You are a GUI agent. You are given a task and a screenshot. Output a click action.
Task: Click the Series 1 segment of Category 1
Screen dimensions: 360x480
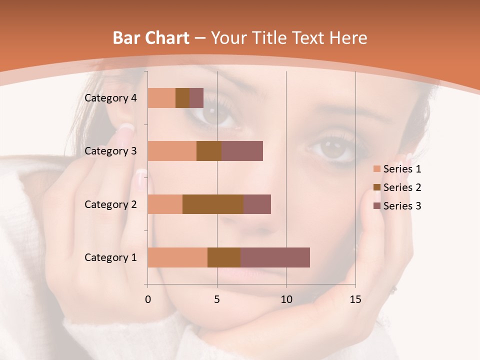pyautogui.click(x=177, y=257)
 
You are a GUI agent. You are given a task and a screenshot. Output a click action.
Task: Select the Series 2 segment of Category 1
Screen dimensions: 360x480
pyautogui.click(x=224, y=257)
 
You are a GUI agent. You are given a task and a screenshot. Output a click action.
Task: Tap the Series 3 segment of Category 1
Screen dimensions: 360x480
pyautogui.click(x=275, y=257)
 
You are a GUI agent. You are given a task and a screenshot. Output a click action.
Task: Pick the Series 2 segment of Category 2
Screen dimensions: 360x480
pyautogui.click(x=213, y=204)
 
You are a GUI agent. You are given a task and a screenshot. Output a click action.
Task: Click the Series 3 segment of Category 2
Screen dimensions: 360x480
pyautogui.click(x=257, y=204)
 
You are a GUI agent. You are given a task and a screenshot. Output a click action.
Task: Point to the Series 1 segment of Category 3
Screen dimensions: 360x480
pyautogui.click(x=172, y=151)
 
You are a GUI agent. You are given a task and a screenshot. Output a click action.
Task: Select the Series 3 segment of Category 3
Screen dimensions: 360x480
pyautogui.click(x=242, y=151)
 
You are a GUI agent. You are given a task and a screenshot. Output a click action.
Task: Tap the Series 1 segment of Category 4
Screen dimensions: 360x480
pyautogui.click(x=161, y=98)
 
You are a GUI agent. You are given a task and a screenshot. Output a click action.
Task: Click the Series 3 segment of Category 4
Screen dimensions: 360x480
pyautogui.click(x=196, y=98)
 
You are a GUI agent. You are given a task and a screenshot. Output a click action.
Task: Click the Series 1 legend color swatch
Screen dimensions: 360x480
pyautogui.click(x=376, y=169)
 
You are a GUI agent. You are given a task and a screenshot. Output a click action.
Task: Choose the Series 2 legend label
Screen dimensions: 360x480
pyautogui.click(x=402, y=187)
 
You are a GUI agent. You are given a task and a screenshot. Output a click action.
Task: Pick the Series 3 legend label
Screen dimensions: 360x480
pyautogui.click(x=402, y=206)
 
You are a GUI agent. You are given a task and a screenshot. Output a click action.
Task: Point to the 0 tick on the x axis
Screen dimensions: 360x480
pyautogui.click(x=148, y=299)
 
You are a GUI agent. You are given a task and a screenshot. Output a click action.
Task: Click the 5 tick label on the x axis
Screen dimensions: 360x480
pyautogui.click(x=217, y=299)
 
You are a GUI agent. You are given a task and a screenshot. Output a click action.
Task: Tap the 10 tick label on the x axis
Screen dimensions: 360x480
pyautogui.click(x=286, y=299)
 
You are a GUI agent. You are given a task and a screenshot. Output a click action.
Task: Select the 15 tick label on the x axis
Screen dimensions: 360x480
pyautogui.click(x=355, y=299)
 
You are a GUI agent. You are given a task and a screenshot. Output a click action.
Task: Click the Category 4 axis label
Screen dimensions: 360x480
pyautogui.click(x=110, y=98)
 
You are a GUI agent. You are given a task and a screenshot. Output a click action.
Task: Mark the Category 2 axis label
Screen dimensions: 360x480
pyautogui.click(x=110, y=204)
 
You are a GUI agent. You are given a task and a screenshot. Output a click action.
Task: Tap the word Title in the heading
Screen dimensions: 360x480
pyautogui.click(x=269, y=37)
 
